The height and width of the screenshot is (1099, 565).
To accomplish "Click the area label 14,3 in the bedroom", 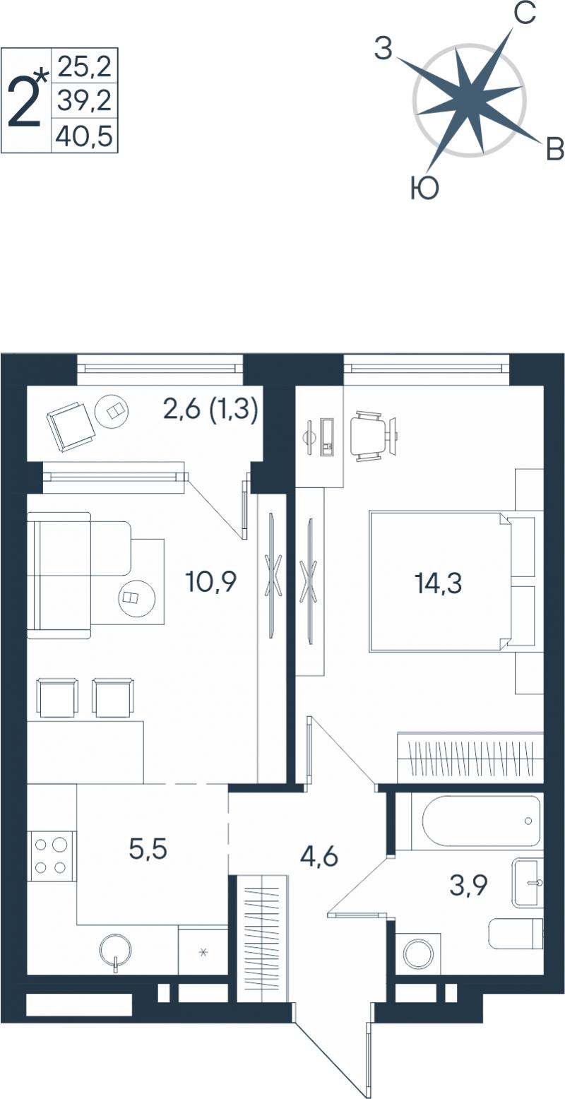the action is (x=439, y=583).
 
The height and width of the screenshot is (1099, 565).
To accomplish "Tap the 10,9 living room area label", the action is (x=211, y=581).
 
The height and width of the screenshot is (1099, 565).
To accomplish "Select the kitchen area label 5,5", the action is (x=148, y=848).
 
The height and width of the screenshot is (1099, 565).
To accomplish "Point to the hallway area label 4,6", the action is (x=319, y=857).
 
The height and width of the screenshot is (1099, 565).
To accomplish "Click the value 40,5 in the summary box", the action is (x=84, y=136).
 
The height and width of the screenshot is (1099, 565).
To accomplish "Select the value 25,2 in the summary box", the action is (x=85, y=66).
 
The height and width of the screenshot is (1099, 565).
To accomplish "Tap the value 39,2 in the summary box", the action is (x=85, y=101).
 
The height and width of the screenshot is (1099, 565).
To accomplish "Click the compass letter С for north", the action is (x=524, y=16).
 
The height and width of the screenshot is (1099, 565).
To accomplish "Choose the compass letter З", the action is (x=383, y=49).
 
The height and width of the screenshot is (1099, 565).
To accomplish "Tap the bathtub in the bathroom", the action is (x=477, y=821).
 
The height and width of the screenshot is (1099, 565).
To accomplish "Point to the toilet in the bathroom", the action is (x=516, y=934).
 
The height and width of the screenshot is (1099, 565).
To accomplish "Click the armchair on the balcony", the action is (x=71, y=426).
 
